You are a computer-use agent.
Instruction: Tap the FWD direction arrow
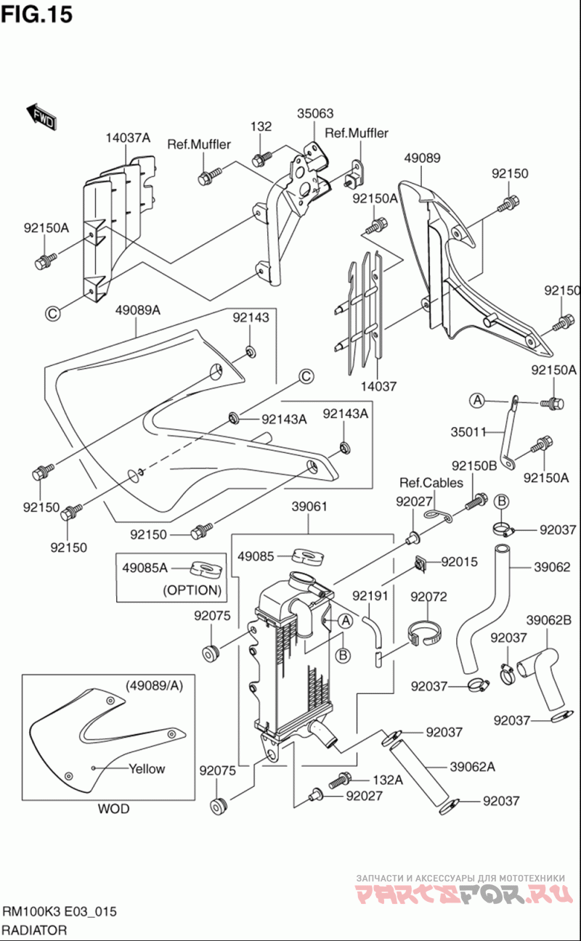click(41, 116)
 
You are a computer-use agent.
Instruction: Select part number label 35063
click(315, 113)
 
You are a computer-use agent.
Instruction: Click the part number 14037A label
click(127, 138)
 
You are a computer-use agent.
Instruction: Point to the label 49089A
click(137, 311)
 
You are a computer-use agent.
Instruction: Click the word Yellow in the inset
click(147, 769)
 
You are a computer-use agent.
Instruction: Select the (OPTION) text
click(192, 590)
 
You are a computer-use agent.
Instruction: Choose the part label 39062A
click(472, 766)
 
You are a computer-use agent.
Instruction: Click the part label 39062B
click(548, 620)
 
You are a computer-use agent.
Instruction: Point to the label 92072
click(428, 597)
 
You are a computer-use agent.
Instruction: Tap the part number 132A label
click(387, 780)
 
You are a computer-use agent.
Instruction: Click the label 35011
click(468, 431)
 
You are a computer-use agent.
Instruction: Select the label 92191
click(370, 597)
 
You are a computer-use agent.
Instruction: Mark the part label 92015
click(459, 561)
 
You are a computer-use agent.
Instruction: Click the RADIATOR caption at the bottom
click(35, 930)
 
